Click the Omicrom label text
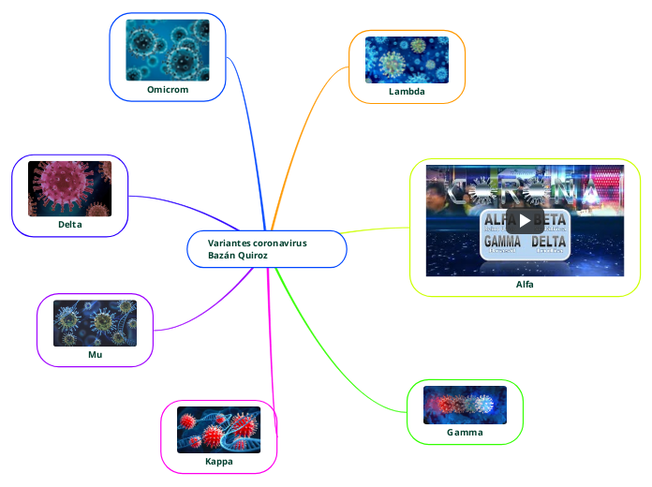pos(168,90)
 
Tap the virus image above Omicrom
pos(168,50)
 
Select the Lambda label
pos(407,93)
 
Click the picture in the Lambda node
pos(407,60)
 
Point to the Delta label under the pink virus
pos(69,225)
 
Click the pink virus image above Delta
pos(69,188)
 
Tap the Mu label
pos(95,355)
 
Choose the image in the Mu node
pos(95,323)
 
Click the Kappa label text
pos(219,462)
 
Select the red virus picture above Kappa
pos(219,430)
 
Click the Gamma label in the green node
pos(465,433)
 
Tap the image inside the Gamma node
pos(465,405)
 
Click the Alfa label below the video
pos(525,285)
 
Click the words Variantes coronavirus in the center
pos(257,243)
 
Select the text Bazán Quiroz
pos(238,256)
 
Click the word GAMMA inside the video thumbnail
pos(502,241)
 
